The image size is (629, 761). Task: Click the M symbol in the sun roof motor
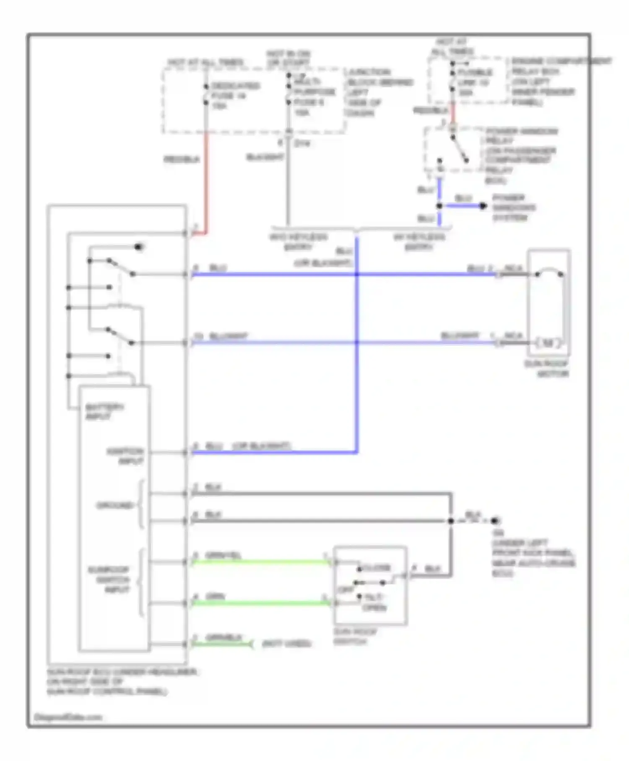coord(548,343)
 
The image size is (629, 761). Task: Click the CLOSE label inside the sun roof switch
coord(377,568)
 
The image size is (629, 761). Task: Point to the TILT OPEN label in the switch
coord(374,602)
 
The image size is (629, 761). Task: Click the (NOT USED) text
coord(286,644)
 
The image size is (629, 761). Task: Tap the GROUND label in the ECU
coord(114,506)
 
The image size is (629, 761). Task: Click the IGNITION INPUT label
coord(125,456)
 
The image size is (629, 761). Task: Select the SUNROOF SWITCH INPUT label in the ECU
coord(109,579)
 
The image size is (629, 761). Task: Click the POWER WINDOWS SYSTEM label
coord(514,208)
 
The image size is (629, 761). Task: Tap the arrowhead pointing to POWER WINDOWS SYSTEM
coord(483,206)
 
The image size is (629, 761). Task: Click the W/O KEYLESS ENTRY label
coord(298,242)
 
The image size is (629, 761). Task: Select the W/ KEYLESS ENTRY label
coord(419,242)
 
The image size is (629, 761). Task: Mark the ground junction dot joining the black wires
coord(451,521)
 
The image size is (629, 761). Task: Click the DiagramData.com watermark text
coord(68,717)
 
